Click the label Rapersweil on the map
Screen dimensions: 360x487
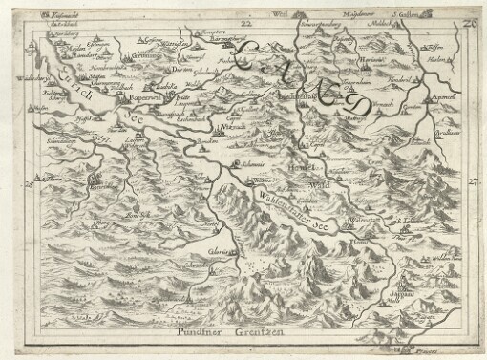151,95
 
